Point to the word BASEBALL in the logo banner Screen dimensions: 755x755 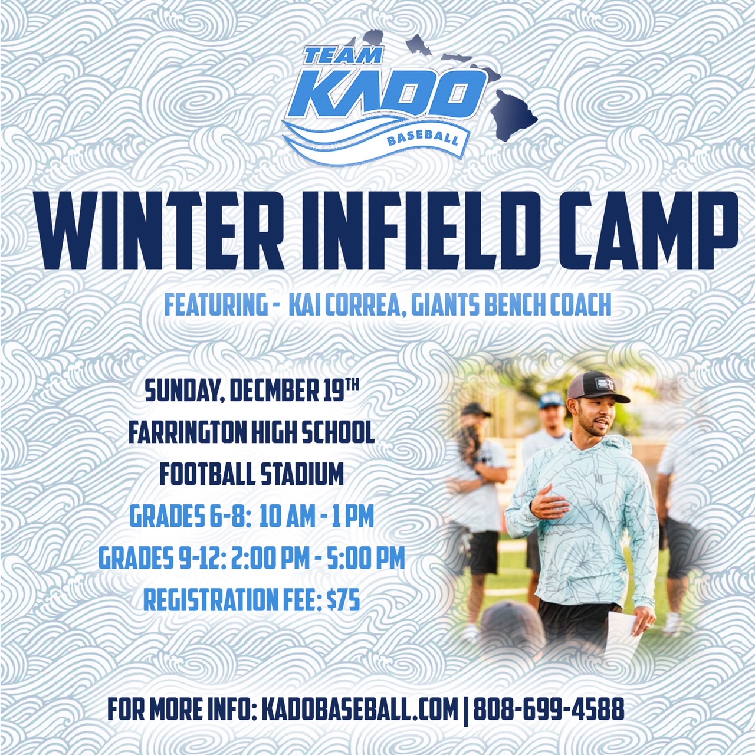pos(422,137)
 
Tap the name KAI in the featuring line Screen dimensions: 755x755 pos(300,306)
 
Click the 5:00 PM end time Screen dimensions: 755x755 pos(366,559)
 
